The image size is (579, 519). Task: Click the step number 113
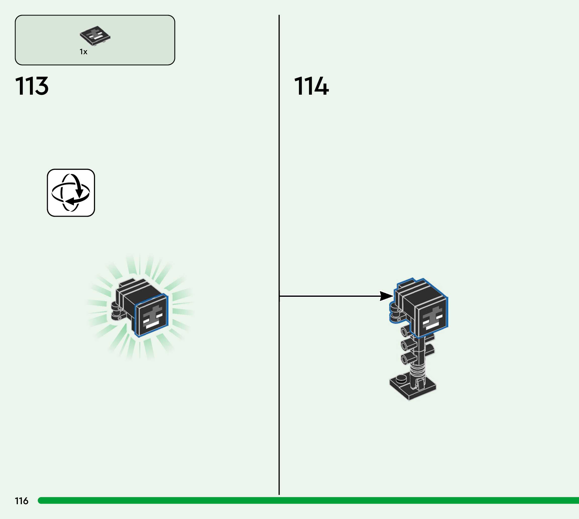tap(32, 86)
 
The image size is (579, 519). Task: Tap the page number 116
tap(21, 501)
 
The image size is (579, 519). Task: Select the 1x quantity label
tap(83, 52)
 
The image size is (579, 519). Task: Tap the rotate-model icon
tap(71, 193)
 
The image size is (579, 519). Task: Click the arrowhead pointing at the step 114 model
tap(386, 296)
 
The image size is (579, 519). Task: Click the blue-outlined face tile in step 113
tap(151, 315)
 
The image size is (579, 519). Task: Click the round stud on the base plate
tap(402, 378)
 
